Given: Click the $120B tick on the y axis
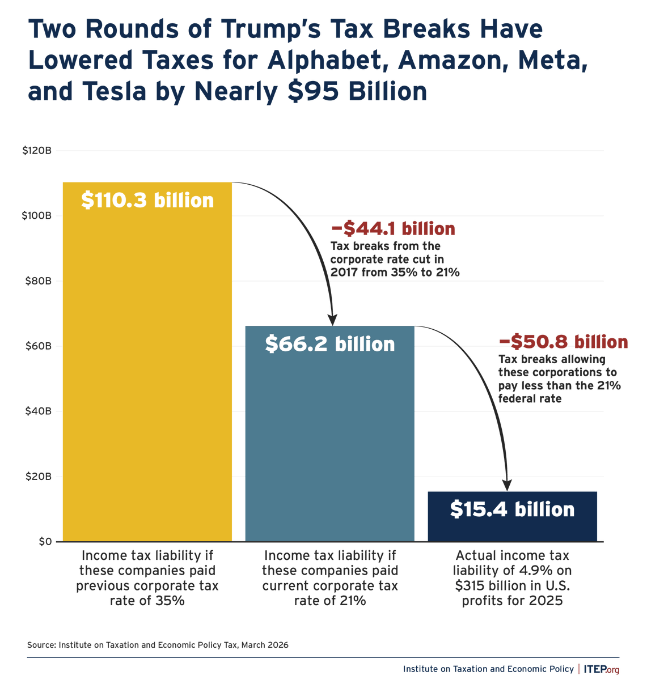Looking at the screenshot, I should pos(37,151).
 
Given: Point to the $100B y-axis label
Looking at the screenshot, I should pos(37,216).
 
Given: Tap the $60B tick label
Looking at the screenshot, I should pos(39,346).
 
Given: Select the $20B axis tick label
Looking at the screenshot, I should pos(39,477).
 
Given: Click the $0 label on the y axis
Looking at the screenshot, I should pos(45,542).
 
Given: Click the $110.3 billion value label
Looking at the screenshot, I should pos(147,201).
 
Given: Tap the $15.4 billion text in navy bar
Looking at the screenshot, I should pos(512,509).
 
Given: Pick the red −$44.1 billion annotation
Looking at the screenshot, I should pos(392,229).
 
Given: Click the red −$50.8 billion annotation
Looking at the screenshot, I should pos(563,342).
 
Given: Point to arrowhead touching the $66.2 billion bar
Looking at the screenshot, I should pos(333,320).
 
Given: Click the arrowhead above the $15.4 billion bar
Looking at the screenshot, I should pos(507,485).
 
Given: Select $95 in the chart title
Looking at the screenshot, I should pos(311,91).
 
